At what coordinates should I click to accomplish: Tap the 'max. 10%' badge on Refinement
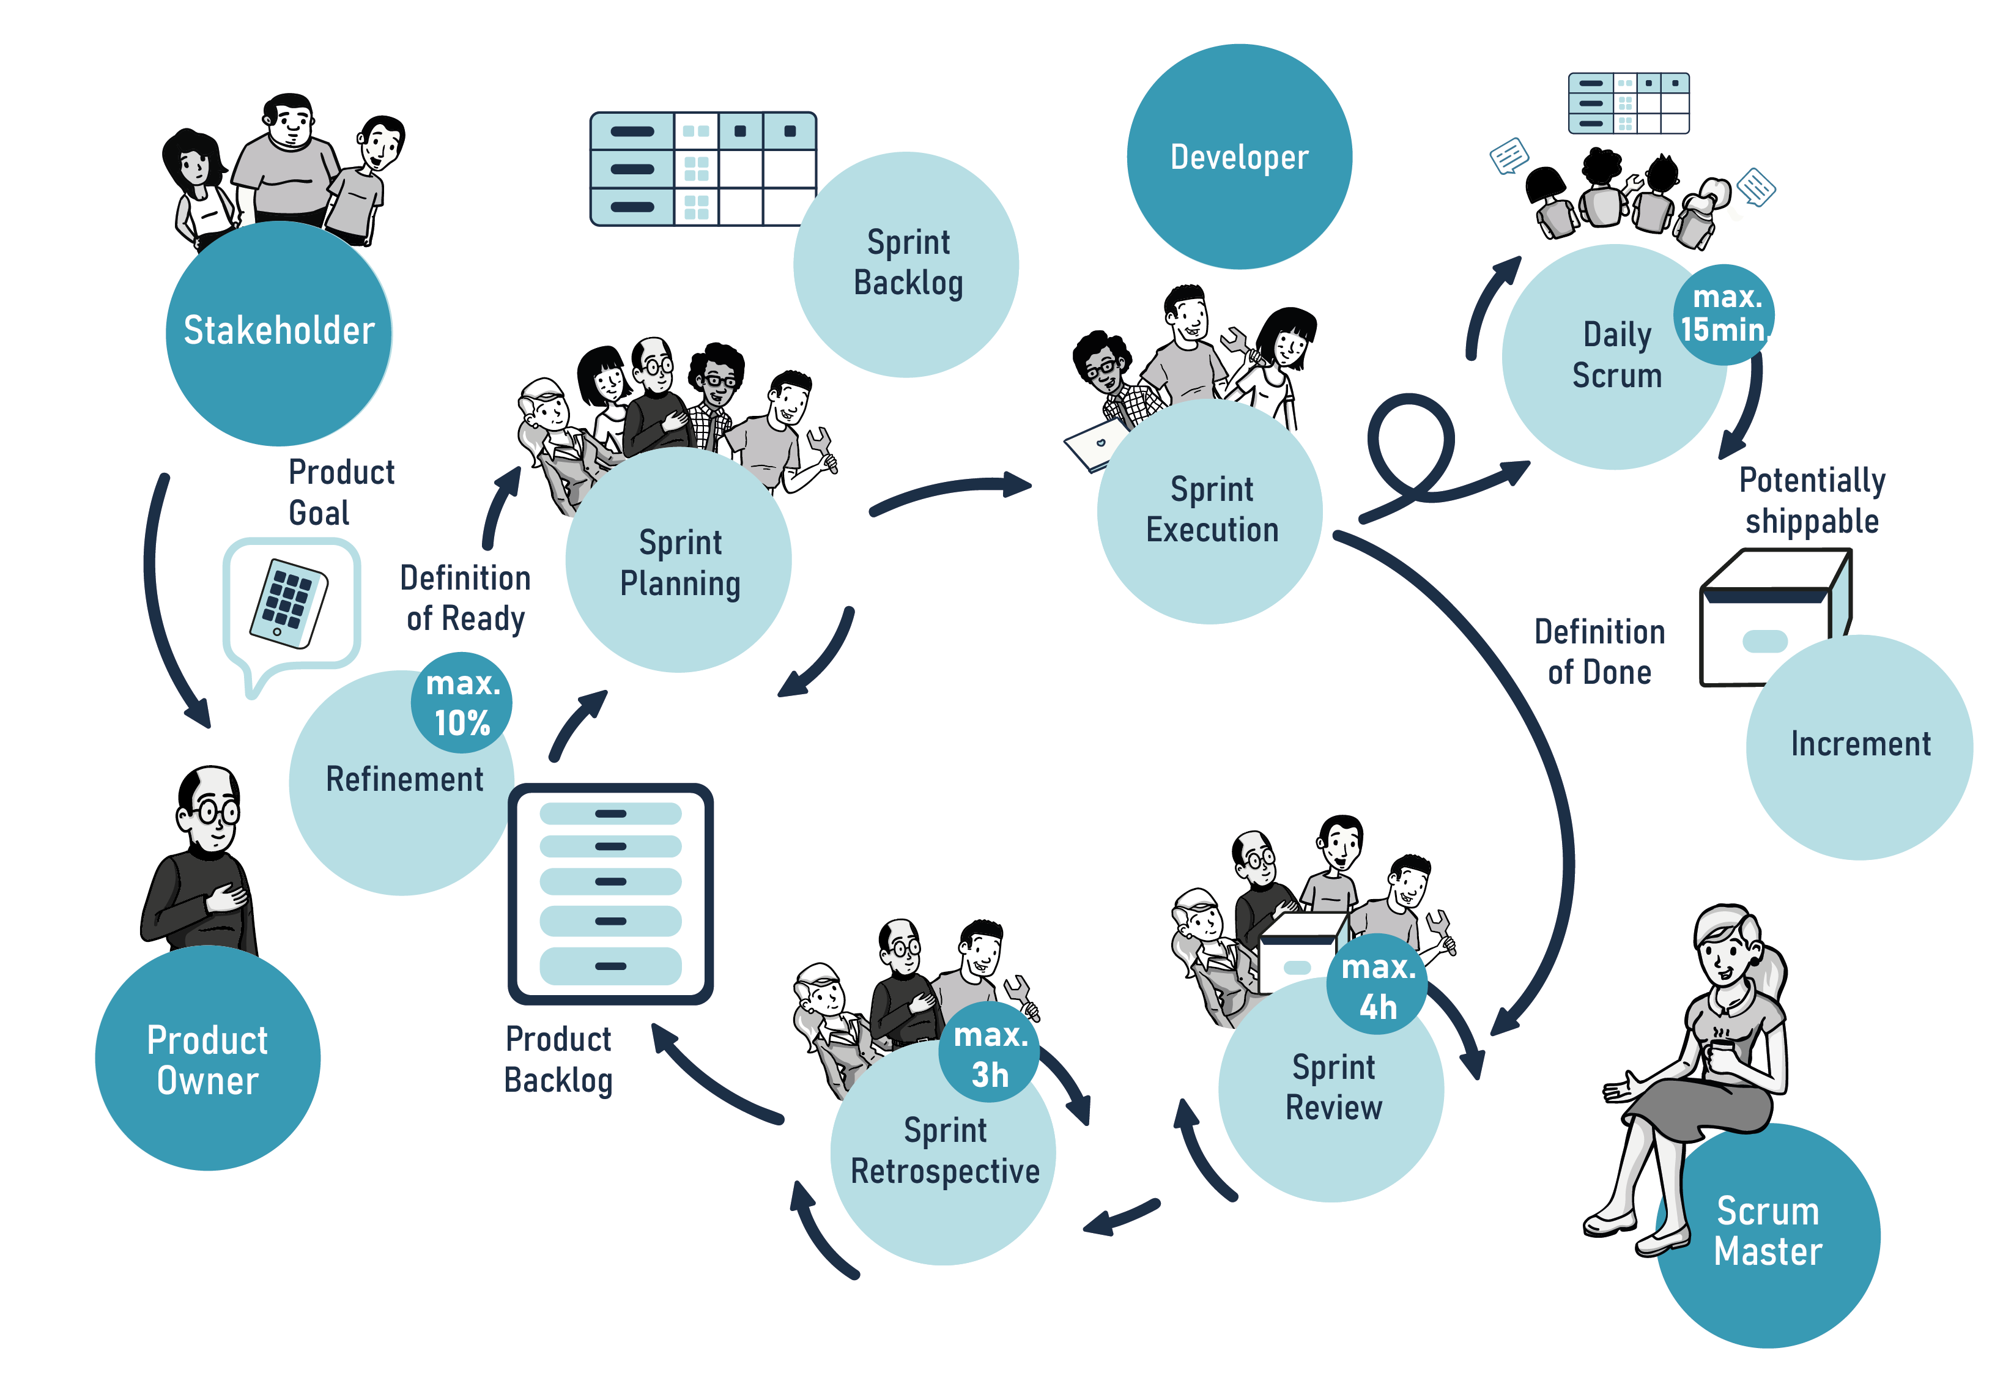[462, 703]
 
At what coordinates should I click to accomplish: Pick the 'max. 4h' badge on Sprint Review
[1377, 987]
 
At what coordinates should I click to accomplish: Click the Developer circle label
[1239, 157]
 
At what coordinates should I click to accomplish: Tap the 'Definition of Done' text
[1599, 651]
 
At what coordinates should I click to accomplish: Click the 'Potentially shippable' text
[1812, 500]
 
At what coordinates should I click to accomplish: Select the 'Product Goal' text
[340, 492]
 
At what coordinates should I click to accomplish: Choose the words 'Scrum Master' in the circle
[1768, 1231]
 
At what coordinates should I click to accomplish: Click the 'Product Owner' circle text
[207, 1060]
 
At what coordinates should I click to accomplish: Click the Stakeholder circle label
[278, 330]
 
